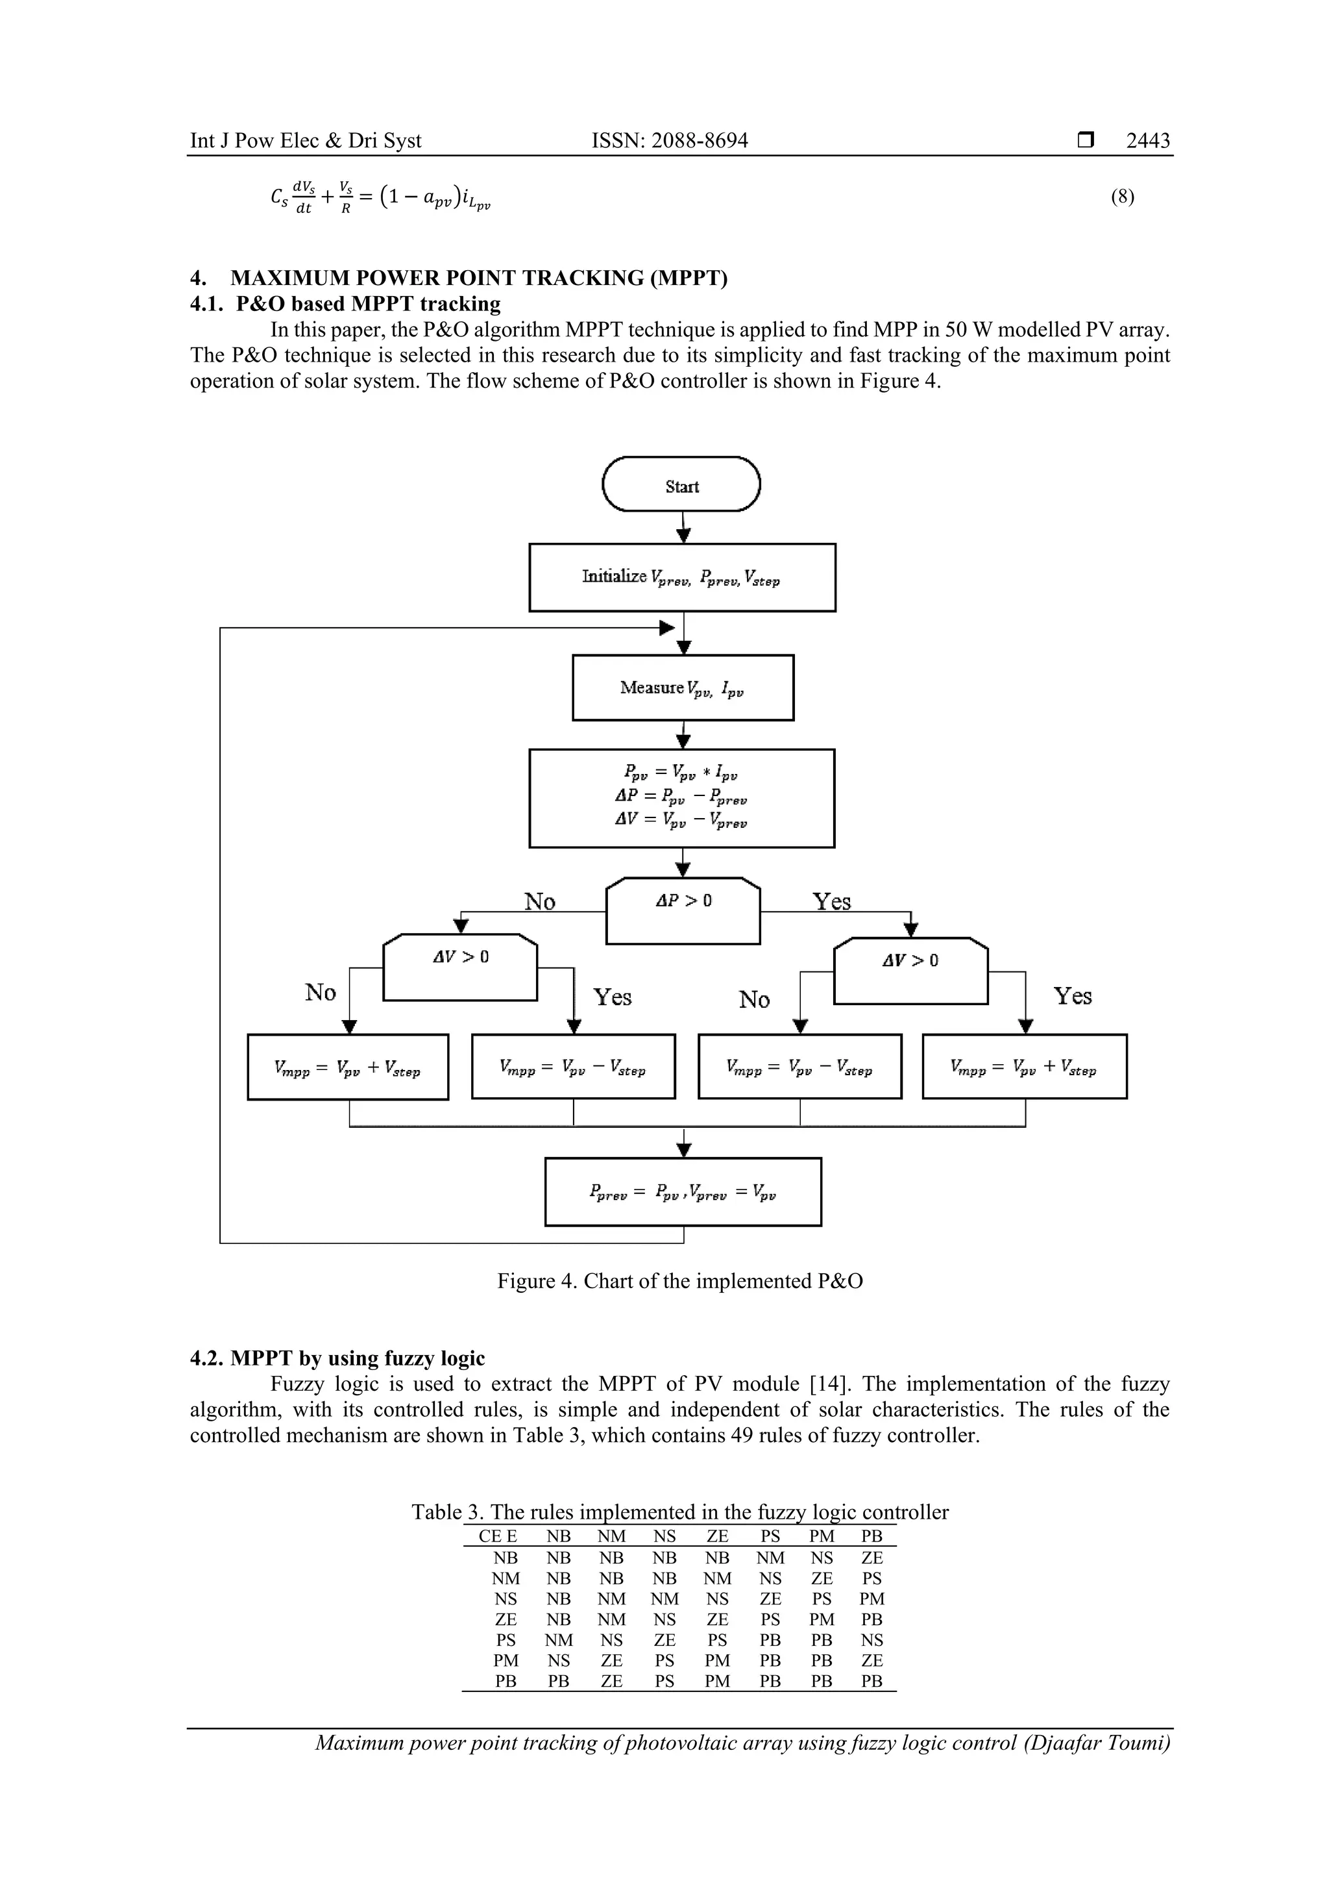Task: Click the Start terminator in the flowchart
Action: pyautogui.click(x=681, y=485)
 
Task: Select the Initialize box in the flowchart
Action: pyautogui.click(x=682, y=578)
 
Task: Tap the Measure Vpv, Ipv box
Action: pyautogui.click(x=683, y=688)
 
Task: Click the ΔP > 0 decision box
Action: pyautogui.click(x=683, y=910)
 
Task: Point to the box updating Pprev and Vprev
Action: pyautogui.click(x=683, y=1193)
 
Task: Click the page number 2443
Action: pyautogui.click(x=1147, y=141)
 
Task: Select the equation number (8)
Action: pyautogui.click(x=1122, y=197)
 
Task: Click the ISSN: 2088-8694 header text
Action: pyautogui.click(x=670, y=141)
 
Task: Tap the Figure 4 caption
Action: pyautogui.click(x=679, y=1281)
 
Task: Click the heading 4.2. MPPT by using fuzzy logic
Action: pyautogui.click(x=337, y=1358)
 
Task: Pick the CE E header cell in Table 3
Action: pyautogui.click(x=498, y=1537)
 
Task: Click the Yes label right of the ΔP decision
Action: pyautogui.click(x=831, y=902)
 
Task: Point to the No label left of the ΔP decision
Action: pyautogui.click(x=540, y=902)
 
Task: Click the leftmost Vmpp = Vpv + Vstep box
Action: pyautogui.click(x=348, y=1067)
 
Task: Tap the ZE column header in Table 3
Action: pyautogui.click(x=717, y=1537)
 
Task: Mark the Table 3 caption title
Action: pyautogui.click(x=679, y=1512)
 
